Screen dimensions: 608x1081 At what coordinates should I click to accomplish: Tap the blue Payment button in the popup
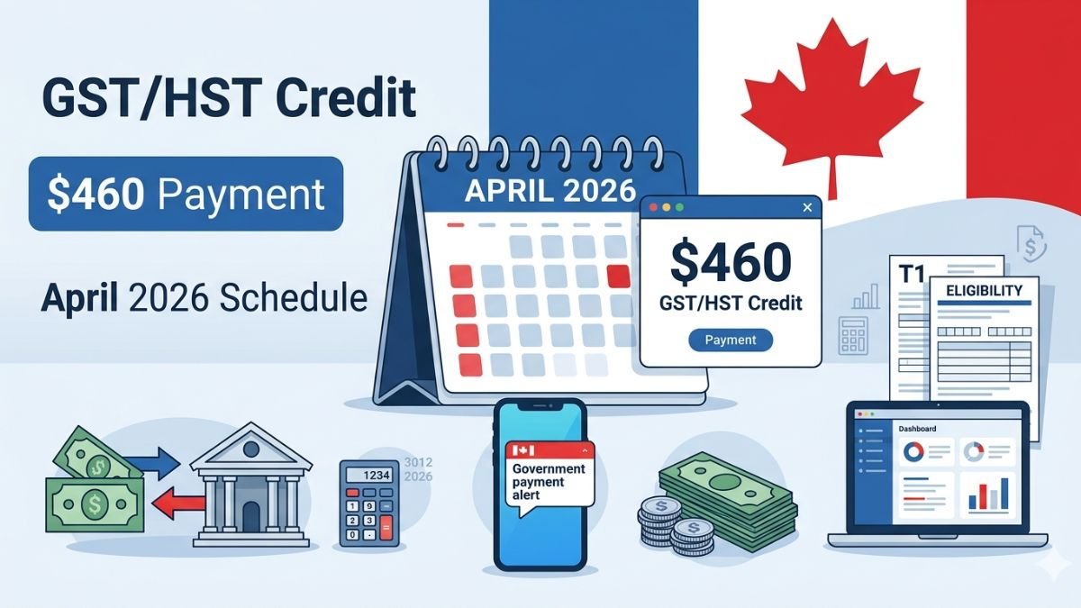pos(730,340)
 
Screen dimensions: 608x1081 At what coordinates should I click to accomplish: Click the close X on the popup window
pos(806,208)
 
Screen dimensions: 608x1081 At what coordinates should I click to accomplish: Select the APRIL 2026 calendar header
pos(550,191)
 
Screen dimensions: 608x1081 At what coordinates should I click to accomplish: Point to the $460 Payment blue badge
pos(186,194)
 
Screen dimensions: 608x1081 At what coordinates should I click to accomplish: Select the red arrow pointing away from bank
pos(176,507)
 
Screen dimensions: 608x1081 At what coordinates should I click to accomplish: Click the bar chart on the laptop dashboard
pos(986,495)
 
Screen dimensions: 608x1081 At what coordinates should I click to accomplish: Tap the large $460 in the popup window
pos(731,261)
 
